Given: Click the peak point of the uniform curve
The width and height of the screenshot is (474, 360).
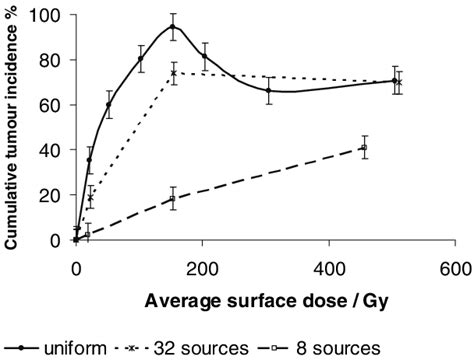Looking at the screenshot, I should (x=173, y=27).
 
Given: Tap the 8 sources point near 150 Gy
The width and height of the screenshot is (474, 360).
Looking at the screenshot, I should (x=173, y=198).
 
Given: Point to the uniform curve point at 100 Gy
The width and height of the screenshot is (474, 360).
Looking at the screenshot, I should (x=140, y=58).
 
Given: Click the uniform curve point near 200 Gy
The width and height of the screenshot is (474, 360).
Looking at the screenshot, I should (x=205, y=56).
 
